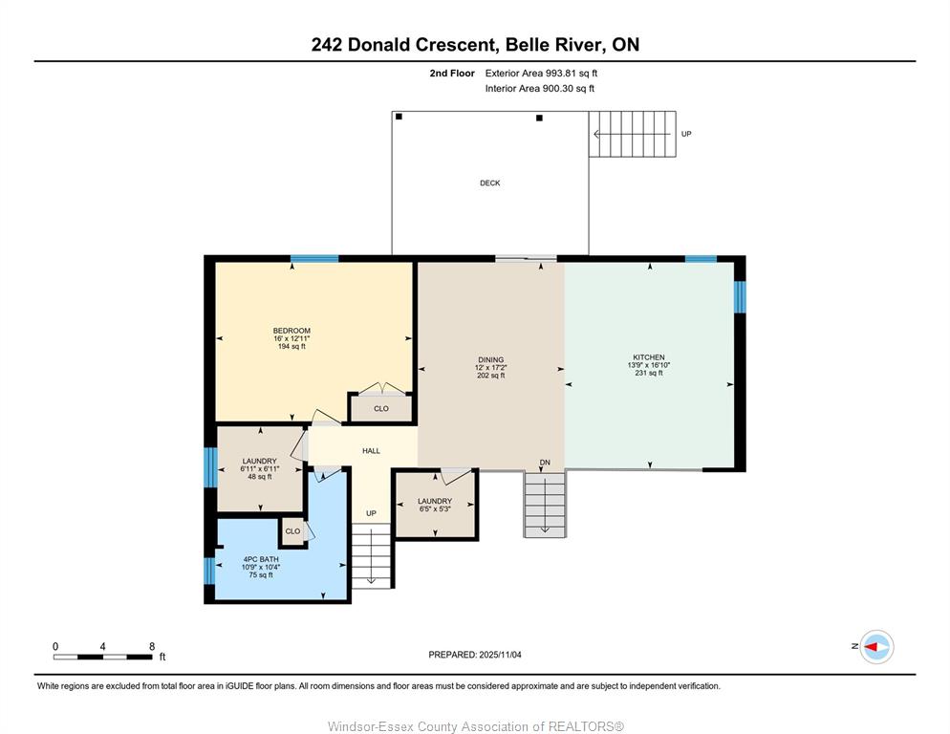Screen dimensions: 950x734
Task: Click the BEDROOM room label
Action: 291,331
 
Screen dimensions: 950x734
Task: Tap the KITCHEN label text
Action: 649,357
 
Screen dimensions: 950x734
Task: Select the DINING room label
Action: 490,360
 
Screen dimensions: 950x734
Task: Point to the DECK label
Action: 490,183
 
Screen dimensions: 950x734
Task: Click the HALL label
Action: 372,451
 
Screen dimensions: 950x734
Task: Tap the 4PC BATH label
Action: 261,559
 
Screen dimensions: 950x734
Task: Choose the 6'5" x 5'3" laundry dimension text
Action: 435,509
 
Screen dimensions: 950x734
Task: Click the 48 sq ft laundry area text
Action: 260,477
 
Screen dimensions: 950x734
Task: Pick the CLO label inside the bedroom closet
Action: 381,408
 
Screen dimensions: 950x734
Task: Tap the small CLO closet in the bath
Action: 292,531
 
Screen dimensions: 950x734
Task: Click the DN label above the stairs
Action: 546,463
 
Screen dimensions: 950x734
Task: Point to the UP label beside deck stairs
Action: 686,134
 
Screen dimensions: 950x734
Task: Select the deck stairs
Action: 633,134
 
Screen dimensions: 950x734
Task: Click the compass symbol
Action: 876,647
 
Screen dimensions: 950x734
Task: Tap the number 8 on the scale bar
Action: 152,647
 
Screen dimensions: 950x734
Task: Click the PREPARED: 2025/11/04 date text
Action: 475,655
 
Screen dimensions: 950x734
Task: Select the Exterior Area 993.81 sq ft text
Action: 541,74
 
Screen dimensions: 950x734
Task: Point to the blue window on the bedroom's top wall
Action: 314,259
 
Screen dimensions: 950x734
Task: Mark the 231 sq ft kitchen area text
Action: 649,374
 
